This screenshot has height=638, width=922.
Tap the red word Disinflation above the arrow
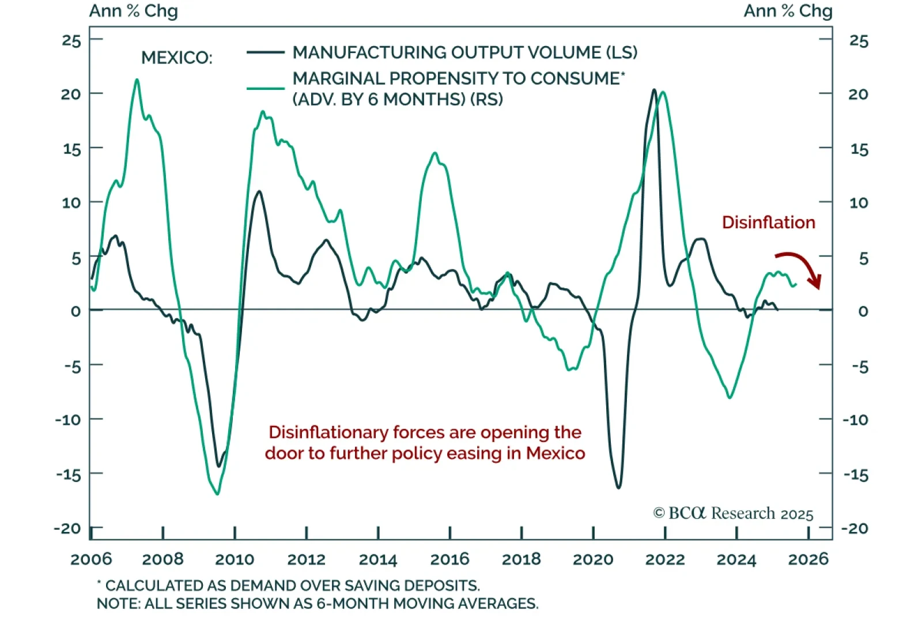[x=768, y=222]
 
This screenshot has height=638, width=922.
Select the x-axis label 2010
[x=235, y=559]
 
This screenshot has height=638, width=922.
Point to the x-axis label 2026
[x=808, y=559]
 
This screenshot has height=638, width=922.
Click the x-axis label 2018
[x=521, y=559]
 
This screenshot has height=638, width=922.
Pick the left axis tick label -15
[x=69, y=474]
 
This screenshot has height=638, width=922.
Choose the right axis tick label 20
[x=858, y=95]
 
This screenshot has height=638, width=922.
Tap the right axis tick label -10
[x=855, y=420]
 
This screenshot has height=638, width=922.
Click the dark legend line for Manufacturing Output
[x=265, y=52]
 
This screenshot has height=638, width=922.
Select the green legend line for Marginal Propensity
[x=265, y=89]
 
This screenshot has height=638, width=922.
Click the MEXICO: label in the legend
[x=176, y=58]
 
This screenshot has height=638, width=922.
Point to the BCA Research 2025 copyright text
[x=733, y=513]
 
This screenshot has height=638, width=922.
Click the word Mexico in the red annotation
[x=556, y=454]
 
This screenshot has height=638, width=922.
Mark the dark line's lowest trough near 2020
[x=619, y=488]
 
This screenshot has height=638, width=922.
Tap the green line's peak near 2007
[x=137, y=80]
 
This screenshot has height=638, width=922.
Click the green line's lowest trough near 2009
[x=217, y=494]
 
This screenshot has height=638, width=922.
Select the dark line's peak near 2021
[x=654, y=90]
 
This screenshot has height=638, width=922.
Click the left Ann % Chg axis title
[x=133, y=11]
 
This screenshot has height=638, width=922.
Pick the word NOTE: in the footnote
[x=118, y=603]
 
